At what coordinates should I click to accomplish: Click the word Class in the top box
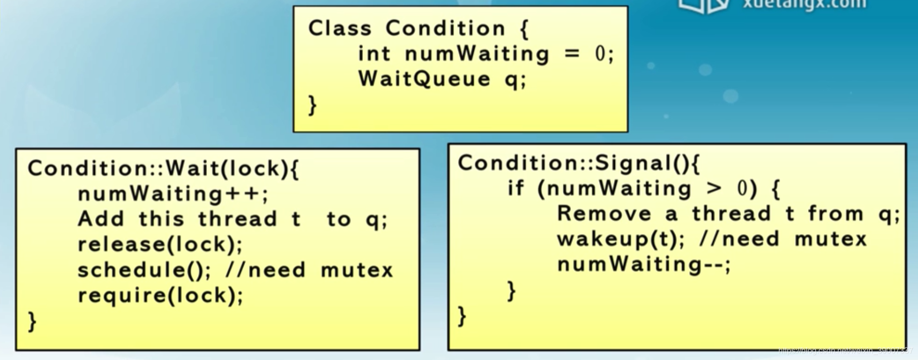tap(339, 29)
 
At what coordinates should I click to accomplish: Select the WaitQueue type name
tap(424, 79)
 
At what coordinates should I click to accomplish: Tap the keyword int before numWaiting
tap(374, 54)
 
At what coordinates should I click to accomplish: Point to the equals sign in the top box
tap(572, 54)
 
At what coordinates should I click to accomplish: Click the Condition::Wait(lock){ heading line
tap(163, 169)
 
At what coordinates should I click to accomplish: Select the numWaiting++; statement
tap(173, 194)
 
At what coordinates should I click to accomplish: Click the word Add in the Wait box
tap(101, 219)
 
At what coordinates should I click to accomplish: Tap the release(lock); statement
tap(160, 244)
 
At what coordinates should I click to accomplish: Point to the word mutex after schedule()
tap(357, 270)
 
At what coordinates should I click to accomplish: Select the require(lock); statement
tap(160, 296)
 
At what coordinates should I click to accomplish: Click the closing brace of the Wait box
tap(32, 321)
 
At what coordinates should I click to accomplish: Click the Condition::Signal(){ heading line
tap(578, 163)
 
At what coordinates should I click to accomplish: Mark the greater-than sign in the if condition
tap(714, 189)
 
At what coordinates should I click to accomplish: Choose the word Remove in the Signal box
tap(604, 214)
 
